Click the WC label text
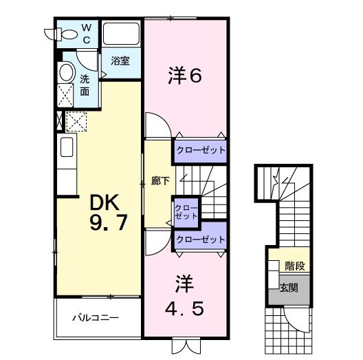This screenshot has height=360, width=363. (x=87, y=33)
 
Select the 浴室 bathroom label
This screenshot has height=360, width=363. (x=120, y=61)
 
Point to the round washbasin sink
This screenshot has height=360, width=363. (x=66, y=72)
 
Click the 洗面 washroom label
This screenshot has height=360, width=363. (x=85, y=85)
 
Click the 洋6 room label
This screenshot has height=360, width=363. (x=185, y=75)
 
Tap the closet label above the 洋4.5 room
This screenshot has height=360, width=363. (x=200, y=240)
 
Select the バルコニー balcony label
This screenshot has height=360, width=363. (x=96, y=319)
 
